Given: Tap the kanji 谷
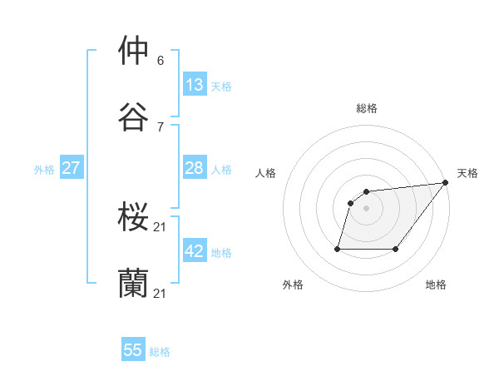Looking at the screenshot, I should (133, 116).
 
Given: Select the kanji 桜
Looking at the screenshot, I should (133, 218).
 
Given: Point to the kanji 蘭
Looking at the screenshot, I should (133, 284).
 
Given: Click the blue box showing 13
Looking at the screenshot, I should (195, 85).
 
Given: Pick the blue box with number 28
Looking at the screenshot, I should (195, 168).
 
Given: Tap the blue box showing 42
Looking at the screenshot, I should (195, 251).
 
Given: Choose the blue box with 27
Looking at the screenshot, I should (71, 168).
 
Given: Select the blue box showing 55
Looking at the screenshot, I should (133, 350).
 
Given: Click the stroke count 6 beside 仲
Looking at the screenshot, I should (161, 60).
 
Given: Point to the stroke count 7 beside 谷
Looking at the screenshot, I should (161, 126).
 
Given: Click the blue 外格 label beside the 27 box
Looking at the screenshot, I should (44, 169).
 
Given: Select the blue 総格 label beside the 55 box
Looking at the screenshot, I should (160, 352).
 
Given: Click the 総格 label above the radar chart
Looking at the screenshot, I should (367, 108).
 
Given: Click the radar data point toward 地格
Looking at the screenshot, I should (396, 249).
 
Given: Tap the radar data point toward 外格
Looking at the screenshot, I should (338, 249).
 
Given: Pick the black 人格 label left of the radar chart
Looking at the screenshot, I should (266, 173).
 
